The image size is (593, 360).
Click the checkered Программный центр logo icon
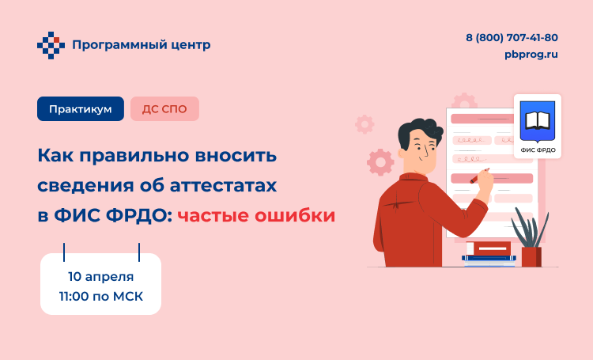pos(51,45)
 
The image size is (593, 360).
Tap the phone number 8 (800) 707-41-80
pos(512,38)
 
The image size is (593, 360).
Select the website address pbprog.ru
pos(531,55)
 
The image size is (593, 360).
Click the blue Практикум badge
pos(81,109)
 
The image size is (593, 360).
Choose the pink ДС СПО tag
pos(164,109)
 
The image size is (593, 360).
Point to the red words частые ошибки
pos(256,215)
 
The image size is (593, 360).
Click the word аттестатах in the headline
pos(223,185)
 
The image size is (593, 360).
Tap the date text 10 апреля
pos(101,277)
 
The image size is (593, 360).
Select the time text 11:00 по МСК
pos(101,296)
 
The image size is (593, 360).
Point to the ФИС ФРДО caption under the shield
pos(538,150)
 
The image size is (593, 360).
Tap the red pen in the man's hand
pos(478,176)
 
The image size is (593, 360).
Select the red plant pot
pos(531,256)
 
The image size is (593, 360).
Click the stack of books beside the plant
pos(489,254)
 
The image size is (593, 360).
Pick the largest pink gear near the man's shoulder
pos(380,162)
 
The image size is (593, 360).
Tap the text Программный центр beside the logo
pos(141,45)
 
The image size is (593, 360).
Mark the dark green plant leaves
pos(530,227)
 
